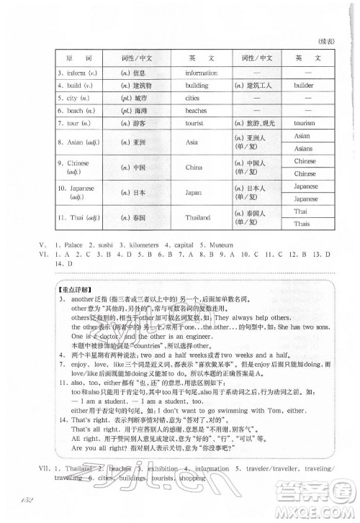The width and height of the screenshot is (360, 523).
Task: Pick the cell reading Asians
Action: pyautogui.click(x=302, y=148)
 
